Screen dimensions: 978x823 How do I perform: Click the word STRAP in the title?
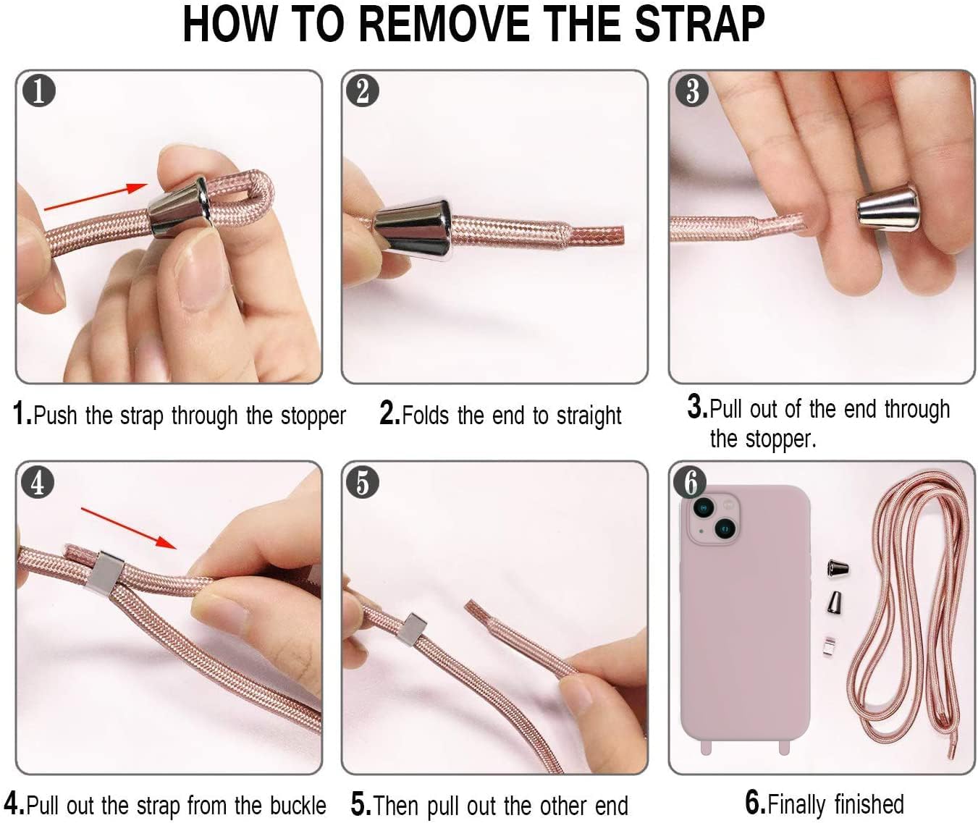click(x=699, y=24)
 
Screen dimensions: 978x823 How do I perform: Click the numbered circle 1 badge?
click(x=39, y=90)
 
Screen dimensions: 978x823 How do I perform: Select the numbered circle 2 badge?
click(x=363, y=90)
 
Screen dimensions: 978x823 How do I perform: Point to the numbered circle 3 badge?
click(x=692, y=90)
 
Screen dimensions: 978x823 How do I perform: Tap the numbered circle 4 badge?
click(x=38, y=482)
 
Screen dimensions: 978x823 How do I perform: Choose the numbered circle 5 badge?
click(x=363, y=482)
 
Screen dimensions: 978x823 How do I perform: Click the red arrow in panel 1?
click(x=96, y=197)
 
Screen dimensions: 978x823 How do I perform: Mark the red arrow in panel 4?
click(x=129, y=528)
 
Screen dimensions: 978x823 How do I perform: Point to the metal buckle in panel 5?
click(x=414, y=629)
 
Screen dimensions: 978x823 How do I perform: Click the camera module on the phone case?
click(x=713, y=520)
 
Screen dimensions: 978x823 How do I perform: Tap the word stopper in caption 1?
click(x=313, y=415)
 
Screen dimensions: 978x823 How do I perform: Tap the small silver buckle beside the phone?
click(x=830, y=646)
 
